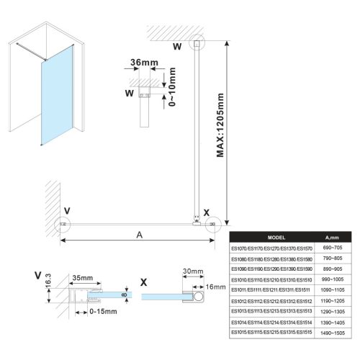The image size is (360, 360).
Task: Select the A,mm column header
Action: click(x=332, y=236)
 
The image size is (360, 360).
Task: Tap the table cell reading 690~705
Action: click(x=332, y=248)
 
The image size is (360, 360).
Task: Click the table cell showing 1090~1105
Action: click(x=332, y=289)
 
